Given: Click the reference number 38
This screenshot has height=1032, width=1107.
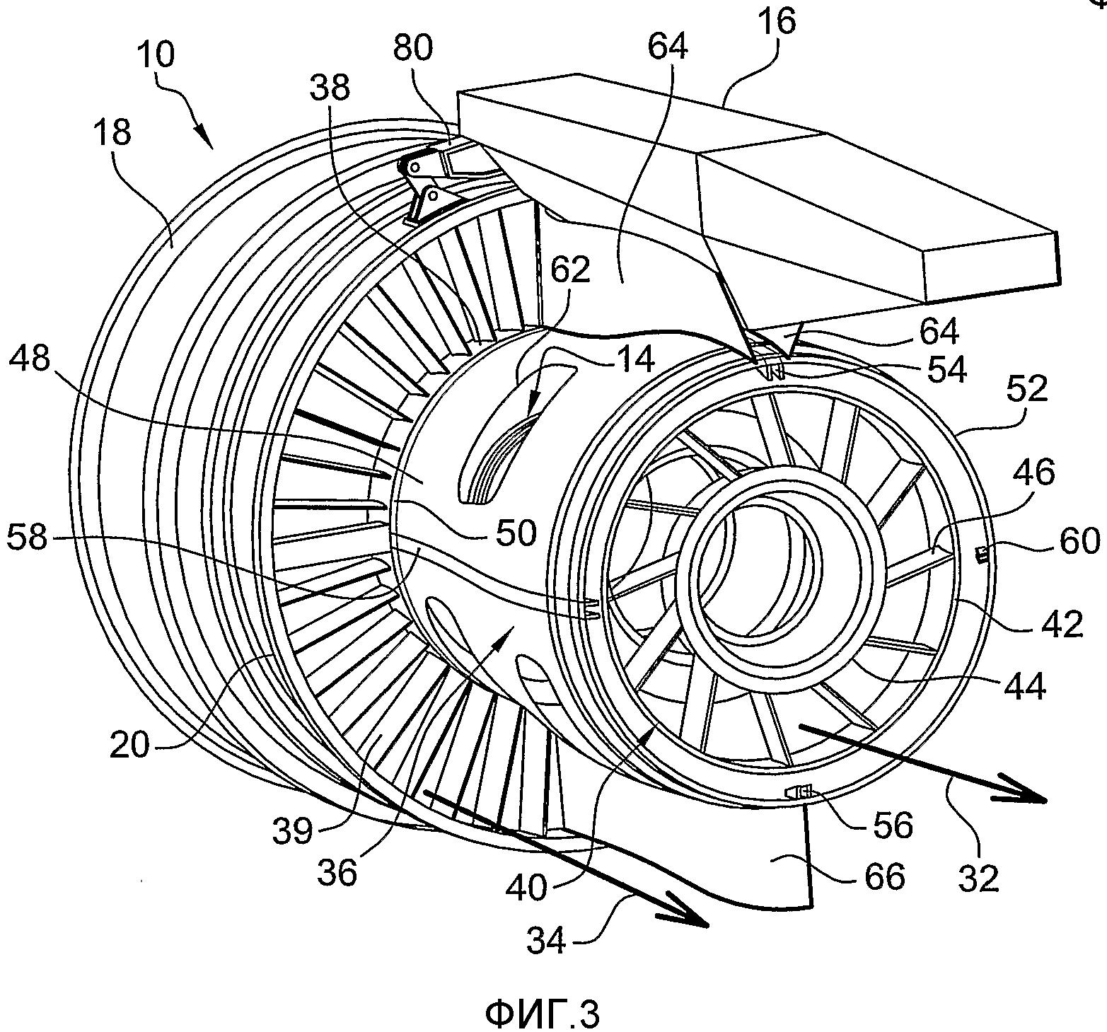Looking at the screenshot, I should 330,88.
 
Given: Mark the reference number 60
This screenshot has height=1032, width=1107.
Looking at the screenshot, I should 1079,541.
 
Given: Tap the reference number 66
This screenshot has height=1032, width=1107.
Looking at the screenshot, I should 884,877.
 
